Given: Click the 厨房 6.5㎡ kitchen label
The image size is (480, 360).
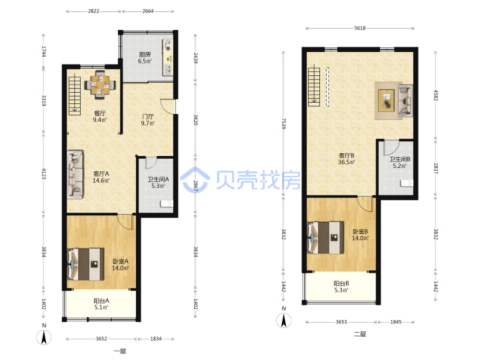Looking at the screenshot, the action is coord(145,57).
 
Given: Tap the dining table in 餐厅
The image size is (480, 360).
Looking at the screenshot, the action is coord(100,85).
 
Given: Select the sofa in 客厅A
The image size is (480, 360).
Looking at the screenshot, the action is coord(75,174).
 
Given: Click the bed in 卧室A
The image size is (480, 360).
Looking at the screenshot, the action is coord(86,264).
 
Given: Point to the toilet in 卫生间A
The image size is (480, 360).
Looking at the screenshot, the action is coord(167,204).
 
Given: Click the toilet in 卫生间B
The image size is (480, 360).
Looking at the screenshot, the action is coord(407,183).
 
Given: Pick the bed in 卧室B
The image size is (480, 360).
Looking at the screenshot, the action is coord(325,238).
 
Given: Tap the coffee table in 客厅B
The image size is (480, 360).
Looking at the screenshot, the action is coord(386,101).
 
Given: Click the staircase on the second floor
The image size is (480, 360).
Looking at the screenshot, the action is coord(314,87).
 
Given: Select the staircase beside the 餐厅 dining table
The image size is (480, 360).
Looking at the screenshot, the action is coord(75,96).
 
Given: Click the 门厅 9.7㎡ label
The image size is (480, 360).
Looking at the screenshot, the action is coord(148,120).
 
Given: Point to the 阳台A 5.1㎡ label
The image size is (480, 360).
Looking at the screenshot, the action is coord(101,304).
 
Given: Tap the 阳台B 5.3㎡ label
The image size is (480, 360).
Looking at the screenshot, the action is coord(341,287).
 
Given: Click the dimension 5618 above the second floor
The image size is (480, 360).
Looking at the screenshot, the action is coord(360,28).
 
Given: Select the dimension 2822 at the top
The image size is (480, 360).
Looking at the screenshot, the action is coord(93,11).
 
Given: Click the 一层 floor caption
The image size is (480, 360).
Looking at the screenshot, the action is coord(120,351).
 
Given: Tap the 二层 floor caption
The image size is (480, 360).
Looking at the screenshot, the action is coord(360,334).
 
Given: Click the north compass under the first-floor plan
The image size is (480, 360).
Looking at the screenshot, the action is coord(44,335).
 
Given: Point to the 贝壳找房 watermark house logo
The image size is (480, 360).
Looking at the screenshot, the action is coord(195,180).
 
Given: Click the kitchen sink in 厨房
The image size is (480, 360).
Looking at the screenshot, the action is coord(169,69).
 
